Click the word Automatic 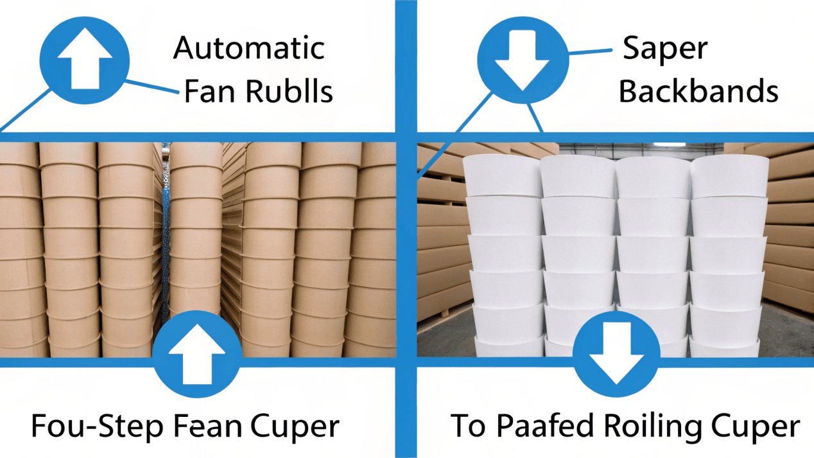(x=249, y=49)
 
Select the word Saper (x=665, y=49)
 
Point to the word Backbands (x=698, y=92)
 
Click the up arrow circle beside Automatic (x=85, y=62)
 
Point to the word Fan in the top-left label (x=207, y=92)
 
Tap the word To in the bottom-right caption (x=469, y=426)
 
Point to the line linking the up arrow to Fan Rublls (x=152, y=87)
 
